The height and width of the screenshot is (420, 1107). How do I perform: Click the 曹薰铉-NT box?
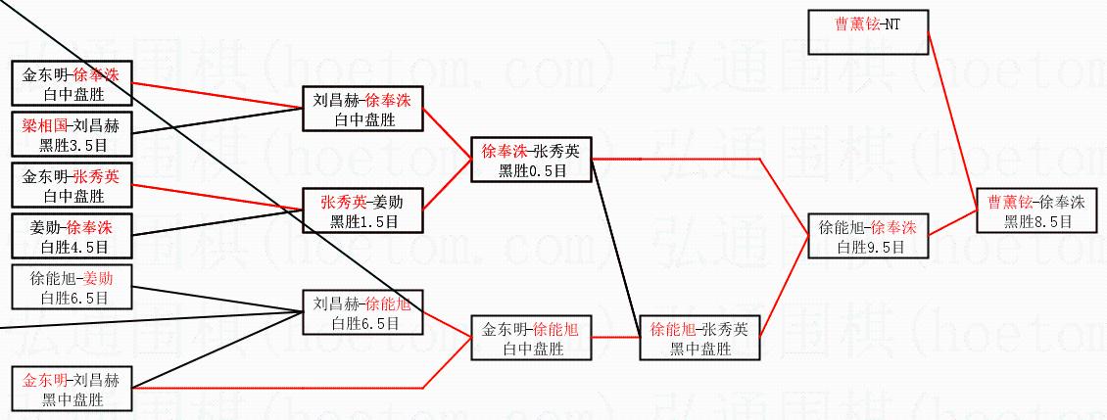tap(867, 32)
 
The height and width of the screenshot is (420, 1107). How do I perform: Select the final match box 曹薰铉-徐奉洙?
tap(1036, 211)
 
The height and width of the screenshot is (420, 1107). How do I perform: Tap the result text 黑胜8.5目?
tap(1036, 222)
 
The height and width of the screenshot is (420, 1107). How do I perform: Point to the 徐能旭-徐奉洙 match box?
tap(868, 236)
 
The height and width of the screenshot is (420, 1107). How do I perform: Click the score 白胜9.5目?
tap(868, 247)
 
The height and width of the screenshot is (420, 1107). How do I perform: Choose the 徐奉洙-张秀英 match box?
tap(531, 161)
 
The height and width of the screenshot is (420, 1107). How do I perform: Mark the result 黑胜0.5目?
tap(531, 171)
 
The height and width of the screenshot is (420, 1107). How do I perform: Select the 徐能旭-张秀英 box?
tap(698, 339)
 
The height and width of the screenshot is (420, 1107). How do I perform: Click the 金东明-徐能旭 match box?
tap(531, 339)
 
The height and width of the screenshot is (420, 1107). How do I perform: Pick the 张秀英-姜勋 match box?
tap(363, 210)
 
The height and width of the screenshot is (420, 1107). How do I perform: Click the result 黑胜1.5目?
tap(363, 222)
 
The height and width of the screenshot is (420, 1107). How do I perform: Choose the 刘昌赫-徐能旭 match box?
tap(363, 313)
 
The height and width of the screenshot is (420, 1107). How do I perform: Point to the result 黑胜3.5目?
tap(72, 145)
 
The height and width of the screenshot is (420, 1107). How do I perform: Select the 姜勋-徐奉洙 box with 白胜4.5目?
tap(72, 236)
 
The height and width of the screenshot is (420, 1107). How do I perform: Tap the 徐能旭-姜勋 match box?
tap(72, 287)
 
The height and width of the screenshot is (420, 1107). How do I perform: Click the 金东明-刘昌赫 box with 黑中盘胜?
tap(72, 389)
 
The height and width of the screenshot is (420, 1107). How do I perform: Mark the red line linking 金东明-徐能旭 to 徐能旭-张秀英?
tap(614, 337)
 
